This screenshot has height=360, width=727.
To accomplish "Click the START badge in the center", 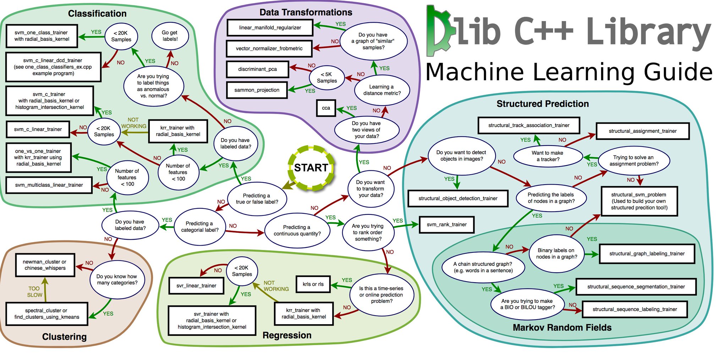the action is point(311,168).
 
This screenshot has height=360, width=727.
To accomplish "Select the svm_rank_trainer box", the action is point(447,224).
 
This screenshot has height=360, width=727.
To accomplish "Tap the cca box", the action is point(326,108).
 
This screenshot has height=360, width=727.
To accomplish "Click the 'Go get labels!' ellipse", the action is point(170,36).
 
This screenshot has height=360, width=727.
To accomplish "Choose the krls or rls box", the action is point(313,284).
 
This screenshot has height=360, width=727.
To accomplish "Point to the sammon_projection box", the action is point(257,90).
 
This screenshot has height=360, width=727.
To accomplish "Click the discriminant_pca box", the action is point(257,69).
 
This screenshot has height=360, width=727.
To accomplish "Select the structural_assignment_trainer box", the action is point(643,131).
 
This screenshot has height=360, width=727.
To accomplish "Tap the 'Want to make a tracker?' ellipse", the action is point(548,156).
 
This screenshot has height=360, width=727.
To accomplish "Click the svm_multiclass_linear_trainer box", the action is point(49,185).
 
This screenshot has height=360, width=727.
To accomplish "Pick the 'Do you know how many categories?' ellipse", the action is point(117,279).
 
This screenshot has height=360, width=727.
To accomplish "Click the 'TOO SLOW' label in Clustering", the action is point(35,292).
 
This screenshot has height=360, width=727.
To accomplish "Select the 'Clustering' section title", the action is point(64,337).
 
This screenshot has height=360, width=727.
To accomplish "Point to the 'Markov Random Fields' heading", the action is point(562,327).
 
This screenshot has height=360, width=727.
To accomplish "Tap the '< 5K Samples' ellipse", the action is point(327,77).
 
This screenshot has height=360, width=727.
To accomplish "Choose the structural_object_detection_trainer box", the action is point(458,198).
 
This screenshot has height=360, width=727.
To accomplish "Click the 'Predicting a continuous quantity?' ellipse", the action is point(297,230).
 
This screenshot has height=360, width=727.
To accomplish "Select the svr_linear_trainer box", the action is point(196,286).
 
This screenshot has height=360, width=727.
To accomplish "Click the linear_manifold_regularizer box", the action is point(270,28).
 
